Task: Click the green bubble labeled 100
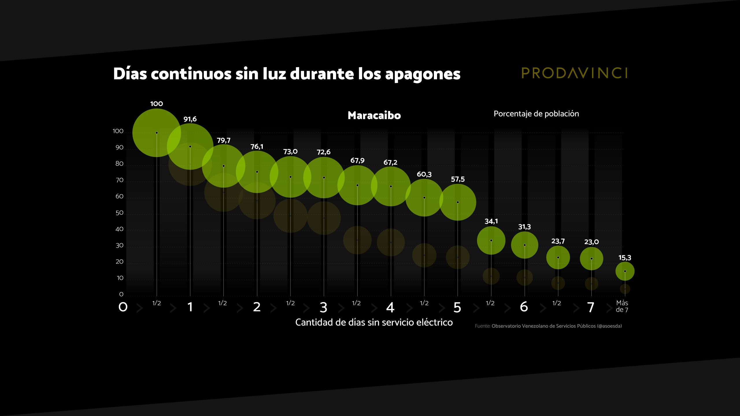[156, 133]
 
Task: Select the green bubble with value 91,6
[190, 146]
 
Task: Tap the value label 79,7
[223, 140]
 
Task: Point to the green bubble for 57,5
[458, 202]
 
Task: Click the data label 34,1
[491, 221]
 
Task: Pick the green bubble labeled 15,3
[625, 271]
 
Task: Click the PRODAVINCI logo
[574, 73]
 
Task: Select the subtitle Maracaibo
[374, 116]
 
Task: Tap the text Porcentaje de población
[536, 114]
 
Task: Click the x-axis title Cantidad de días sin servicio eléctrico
[374, 322]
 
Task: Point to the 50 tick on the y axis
[119, 213]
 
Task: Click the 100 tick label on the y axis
[118, 131]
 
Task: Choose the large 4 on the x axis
[390, 307]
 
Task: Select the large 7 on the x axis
[591, 307]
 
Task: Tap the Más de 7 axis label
[622, 306]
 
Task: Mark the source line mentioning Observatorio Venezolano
[548, 326]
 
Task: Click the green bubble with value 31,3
[524, 245]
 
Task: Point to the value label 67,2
[390, 162]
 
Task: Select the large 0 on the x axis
[123, 307]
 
